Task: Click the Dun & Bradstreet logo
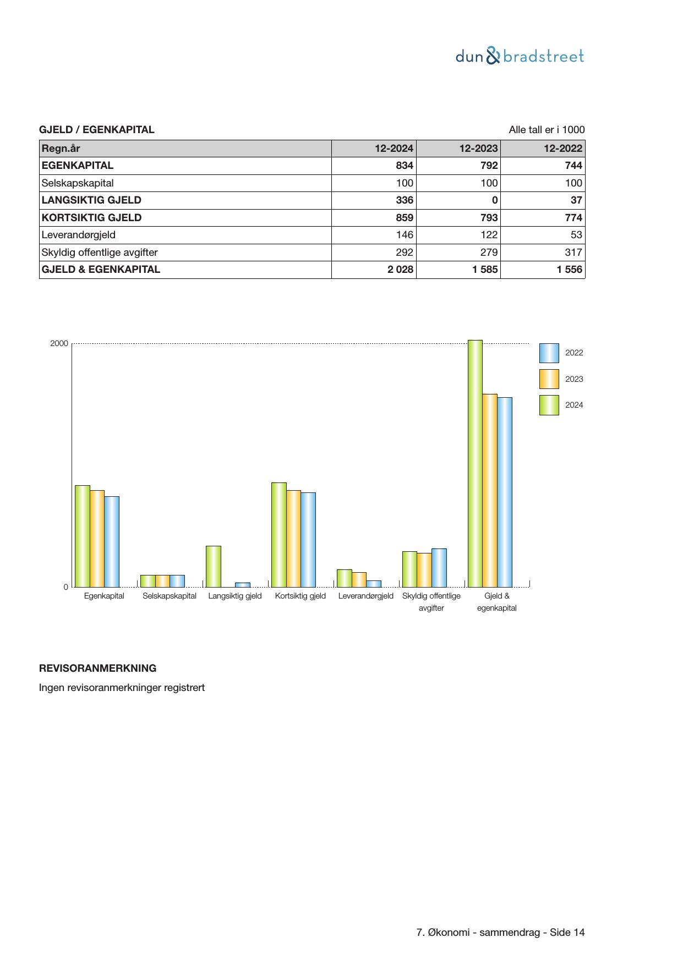pos(520,56)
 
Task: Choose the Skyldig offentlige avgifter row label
pos(100,253)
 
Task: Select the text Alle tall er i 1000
pos(547,130)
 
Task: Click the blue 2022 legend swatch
pos(549,353)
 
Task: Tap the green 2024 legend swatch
pos(549,405)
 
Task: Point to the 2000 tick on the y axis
pos(59,343)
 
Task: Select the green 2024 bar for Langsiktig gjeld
pos(214,567)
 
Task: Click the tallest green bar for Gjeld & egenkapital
pos(475,464)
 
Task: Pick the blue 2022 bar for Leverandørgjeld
pos(374,584)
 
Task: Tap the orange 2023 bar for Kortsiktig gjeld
pos(293,539)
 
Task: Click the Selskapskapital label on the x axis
pos(170,596)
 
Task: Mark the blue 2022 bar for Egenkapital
pos(112,542)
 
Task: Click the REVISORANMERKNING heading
pos(97,668)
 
